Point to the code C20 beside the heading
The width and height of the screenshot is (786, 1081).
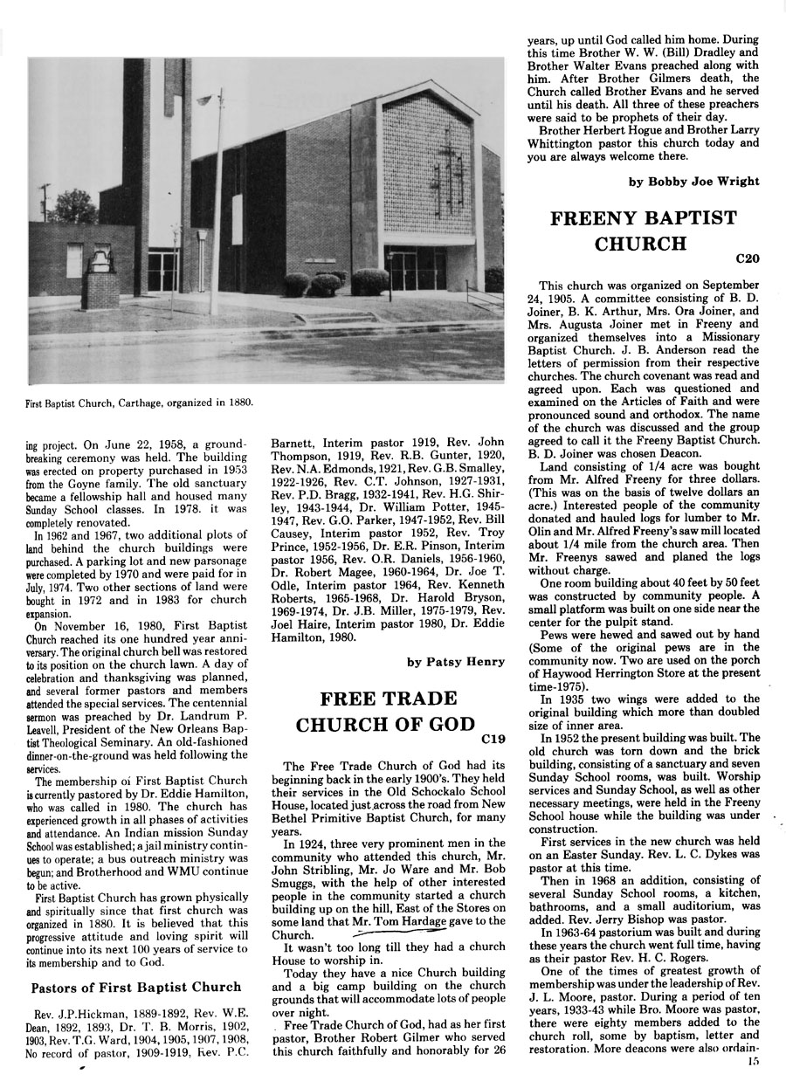pyautogui.click(x=748, y=258)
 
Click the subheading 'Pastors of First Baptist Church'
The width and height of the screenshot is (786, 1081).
pyautogui.click(x=136, y=988)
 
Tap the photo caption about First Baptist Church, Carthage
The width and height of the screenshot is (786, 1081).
pyautogui.click(x=141, y=403)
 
